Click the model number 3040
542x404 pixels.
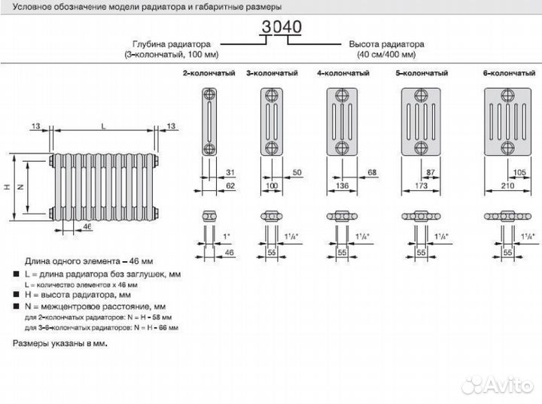281,27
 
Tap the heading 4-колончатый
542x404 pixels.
343,73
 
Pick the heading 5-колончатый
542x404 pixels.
422,73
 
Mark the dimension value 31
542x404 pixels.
230,173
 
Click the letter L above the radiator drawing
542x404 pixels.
102,125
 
